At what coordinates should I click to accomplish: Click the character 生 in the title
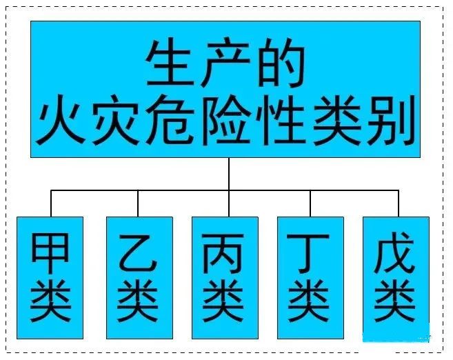coord(170,63)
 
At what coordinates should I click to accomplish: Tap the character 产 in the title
coord(225,63)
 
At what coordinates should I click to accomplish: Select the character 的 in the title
coord(281,63)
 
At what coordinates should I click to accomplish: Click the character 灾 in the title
coord(116,119)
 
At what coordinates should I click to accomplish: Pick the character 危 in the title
coord(170,119)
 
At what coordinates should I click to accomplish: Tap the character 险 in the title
coord(226,119)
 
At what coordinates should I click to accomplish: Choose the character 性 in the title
coord(281,119)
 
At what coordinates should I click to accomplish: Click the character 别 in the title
coord(392,119)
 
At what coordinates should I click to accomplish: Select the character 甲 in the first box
coord(50,253)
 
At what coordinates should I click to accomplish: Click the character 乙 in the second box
coord(138,253)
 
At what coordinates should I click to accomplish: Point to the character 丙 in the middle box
coord(223,253)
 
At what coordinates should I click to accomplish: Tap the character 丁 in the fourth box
coord(308,253)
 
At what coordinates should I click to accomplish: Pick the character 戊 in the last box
coord(394,252)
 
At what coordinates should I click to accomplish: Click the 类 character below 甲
coord(50,301)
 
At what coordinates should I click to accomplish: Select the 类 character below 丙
coord(223,301)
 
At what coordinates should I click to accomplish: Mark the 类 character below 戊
coord(394,301)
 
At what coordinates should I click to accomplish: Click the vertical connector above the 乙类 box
coord(138,203)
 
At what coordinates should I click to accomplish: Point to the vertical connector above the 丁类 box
coord(310,203)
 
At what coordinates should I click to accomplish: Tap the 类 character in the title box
coord(337,119)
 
